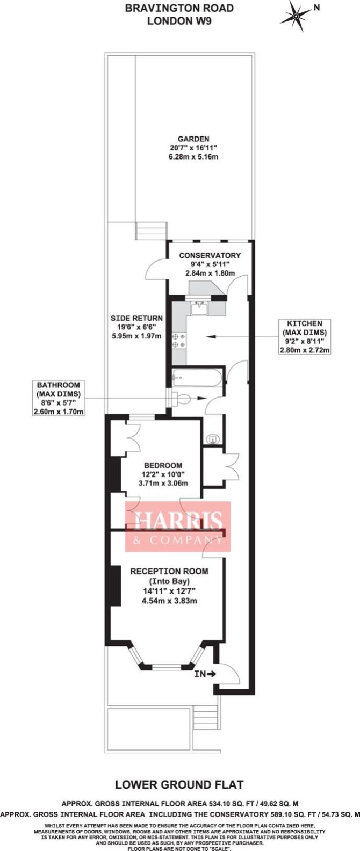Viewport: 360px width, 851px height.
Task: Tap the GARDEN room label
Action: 193,139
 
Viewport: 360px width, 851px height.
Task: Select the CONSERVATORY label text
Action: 210,255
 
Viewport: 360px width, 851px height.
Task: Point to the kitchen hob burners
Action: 179,341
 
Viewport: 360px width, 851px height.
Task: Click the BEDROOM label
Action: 163,465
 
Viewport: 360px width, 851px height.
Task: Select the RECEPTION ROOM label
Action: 169,572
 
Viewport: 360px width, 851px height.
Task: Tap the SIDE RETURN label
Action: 136,319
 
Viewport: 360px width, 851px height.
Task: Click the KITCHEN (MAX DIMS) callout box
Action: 304,337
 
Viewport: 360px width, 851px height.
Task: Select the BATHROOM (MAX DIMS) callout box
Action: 59,398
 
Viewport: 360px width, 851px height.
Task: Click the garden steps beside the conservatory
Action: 152,230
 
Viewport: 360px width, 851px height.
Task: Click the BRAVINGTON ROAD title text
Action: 179,8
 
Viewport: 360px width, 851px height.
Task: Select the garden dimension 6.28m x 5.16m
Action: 193,157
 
